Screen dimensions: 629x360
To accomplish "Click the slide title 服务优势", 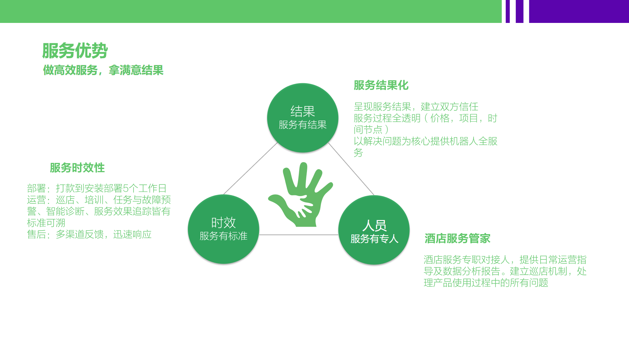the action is pos(75,51).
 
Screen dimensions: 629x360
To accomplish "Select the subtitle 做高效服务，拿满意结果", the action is pos(103,70).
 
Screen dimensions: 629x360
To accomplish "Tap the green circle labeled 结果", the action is pos(303,118).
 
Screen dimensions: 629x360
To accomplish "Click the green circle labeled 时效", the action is pos(223,229).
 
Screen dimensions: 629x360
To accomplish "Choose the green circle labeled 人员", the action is pos(374,230).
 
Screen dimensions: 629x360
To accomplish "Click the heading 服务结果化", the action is pos(381,85).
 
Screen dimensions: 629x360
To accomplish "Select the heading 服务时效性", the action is pos(77,168).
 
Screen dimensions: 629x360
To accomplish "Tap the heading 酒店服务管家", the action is pos(457,239).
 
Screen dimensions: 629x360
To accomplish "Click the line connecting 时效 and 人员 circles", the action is pos(299,235).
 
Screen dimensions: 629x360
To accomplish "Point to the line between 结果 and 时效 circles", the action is pos(251,169).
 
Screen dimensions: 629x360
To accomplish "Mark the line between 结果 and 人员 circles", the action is pos(351,169).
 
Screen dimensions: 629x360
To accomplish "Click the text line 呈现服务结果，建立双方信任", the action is pos(416,106).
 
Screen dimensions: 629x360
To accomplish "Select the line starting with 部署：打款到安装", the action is pos(97,188).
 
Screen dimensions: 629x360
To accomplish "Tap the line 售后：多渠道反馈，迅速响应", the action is pos(90,234).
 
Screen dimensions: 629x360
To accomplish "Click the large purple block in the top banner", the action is pos(579,11).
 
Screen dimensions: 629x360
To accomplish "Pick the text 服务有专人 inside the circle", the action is pos(374,239).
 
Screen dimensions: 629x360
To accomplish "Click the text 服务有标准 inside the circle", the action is pos(223,236).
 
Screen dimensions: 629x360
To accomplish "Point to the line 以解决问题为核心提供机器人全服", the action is pos(426,141).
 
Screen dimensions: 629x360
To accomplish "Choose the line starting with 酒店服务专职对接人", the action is pos(505,260).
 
